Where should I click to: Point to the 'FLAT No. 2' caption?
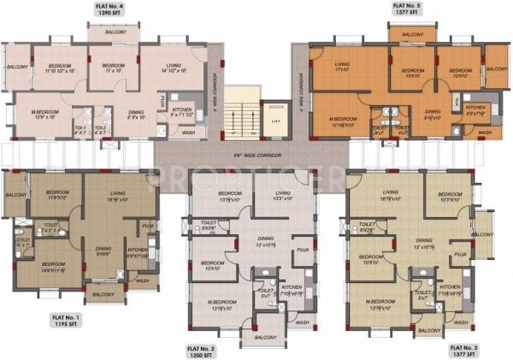point(201,348)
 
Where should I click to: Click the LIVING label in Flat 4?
point(174,67)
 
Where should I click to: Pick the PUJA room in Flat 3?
point(459,255)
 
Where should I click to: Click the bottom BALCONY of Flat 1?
point(103,294)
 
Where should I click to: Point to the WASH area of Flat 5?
point(484,133)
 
